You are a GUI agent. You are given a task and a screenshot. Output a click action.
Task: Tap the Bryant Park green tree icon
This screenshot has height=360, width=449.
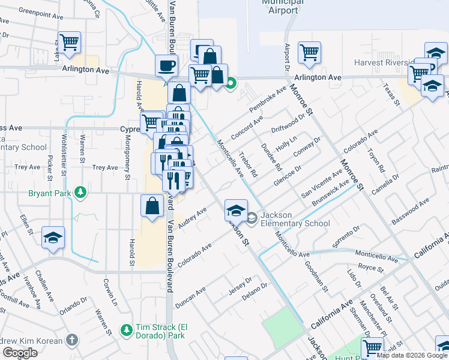point(79,193)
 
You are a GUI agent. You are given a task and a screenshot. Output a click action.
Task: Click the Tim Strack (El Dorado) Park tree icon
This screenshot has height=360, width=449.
point(127,329)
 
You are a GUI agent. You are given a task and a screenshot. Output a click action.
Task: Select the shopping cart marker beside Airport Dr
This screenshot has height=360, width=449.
point(309,52)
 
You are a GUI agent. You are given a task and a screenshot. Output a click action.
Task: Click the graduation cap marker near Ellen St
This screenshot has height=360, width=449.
point(53,238)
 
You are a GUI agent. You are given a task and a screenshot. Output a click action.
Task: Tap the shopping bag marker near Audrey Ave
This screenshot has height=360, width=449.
point(152,206)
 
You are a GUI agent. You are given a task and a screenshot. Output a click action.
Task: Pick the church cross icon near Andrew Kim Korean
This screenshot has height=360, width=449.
point(72,341)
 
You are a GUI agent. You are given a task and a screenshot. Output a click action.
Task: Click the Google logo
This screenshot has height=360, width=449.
point(19,353)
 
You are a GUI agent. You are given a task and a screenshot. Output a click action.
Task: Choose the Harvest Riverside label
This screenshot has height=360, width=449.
point(384,63)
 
